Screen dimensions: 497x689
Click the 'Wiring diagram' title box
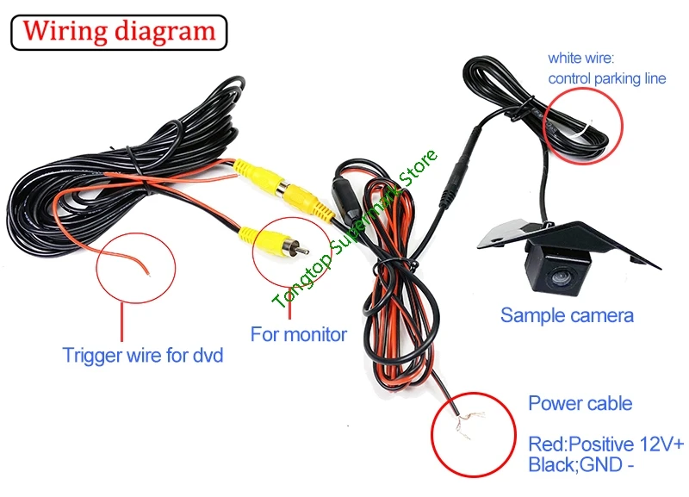tap(119, 31)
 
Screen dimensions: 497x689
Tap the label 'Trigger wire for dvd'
tap(142, 354)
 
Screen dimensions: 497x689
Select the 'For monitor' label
tap(298, 333)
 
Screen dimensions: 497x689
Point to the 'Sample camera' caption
tap(567, 315)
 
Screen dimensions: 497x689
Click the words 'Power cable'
tap(580, 403)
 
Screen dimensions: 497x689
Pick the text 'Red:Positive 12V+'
tap(605, 444)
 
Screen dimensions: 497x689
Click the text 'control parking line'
tap(606, 78)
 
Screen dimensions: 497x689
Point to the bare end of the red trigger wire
tap(148, 270)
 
